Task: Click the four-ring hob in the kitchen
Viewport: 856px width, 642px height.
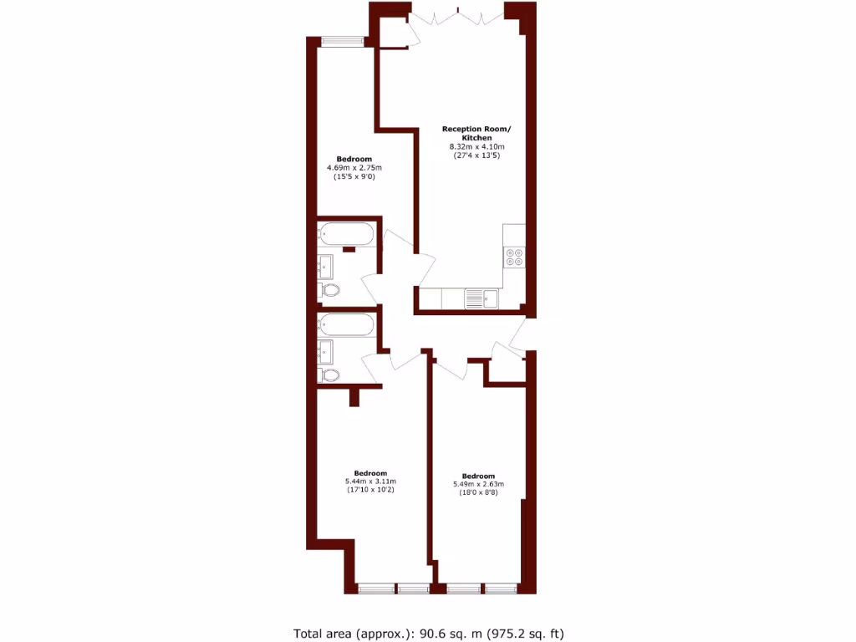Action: point(514,257)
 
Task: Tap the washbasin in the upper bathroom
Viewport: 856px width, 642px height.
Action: point(325,266)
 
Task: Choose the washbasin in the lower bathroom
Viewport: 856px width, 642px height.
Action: point(325,350)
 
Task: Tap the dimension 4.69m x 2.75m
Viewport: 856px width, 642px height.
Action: point(354,168)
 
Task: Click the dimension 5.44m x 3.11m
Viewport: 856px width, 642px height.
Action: point(370,481)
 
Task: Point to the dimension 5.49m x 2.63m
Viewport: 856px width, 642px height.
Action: point(478,485)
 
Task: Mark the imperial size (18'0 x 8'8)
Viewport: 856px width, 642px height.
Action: point(478,494)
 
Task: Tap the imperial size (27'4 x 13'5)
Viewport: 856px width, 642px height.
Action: point(476,156)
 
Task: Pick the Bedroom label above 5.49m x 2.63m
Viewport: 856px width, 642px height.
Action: point(478,476)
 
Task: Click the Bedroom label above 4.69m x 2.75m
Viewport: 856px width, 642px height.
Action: point(354,159)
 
